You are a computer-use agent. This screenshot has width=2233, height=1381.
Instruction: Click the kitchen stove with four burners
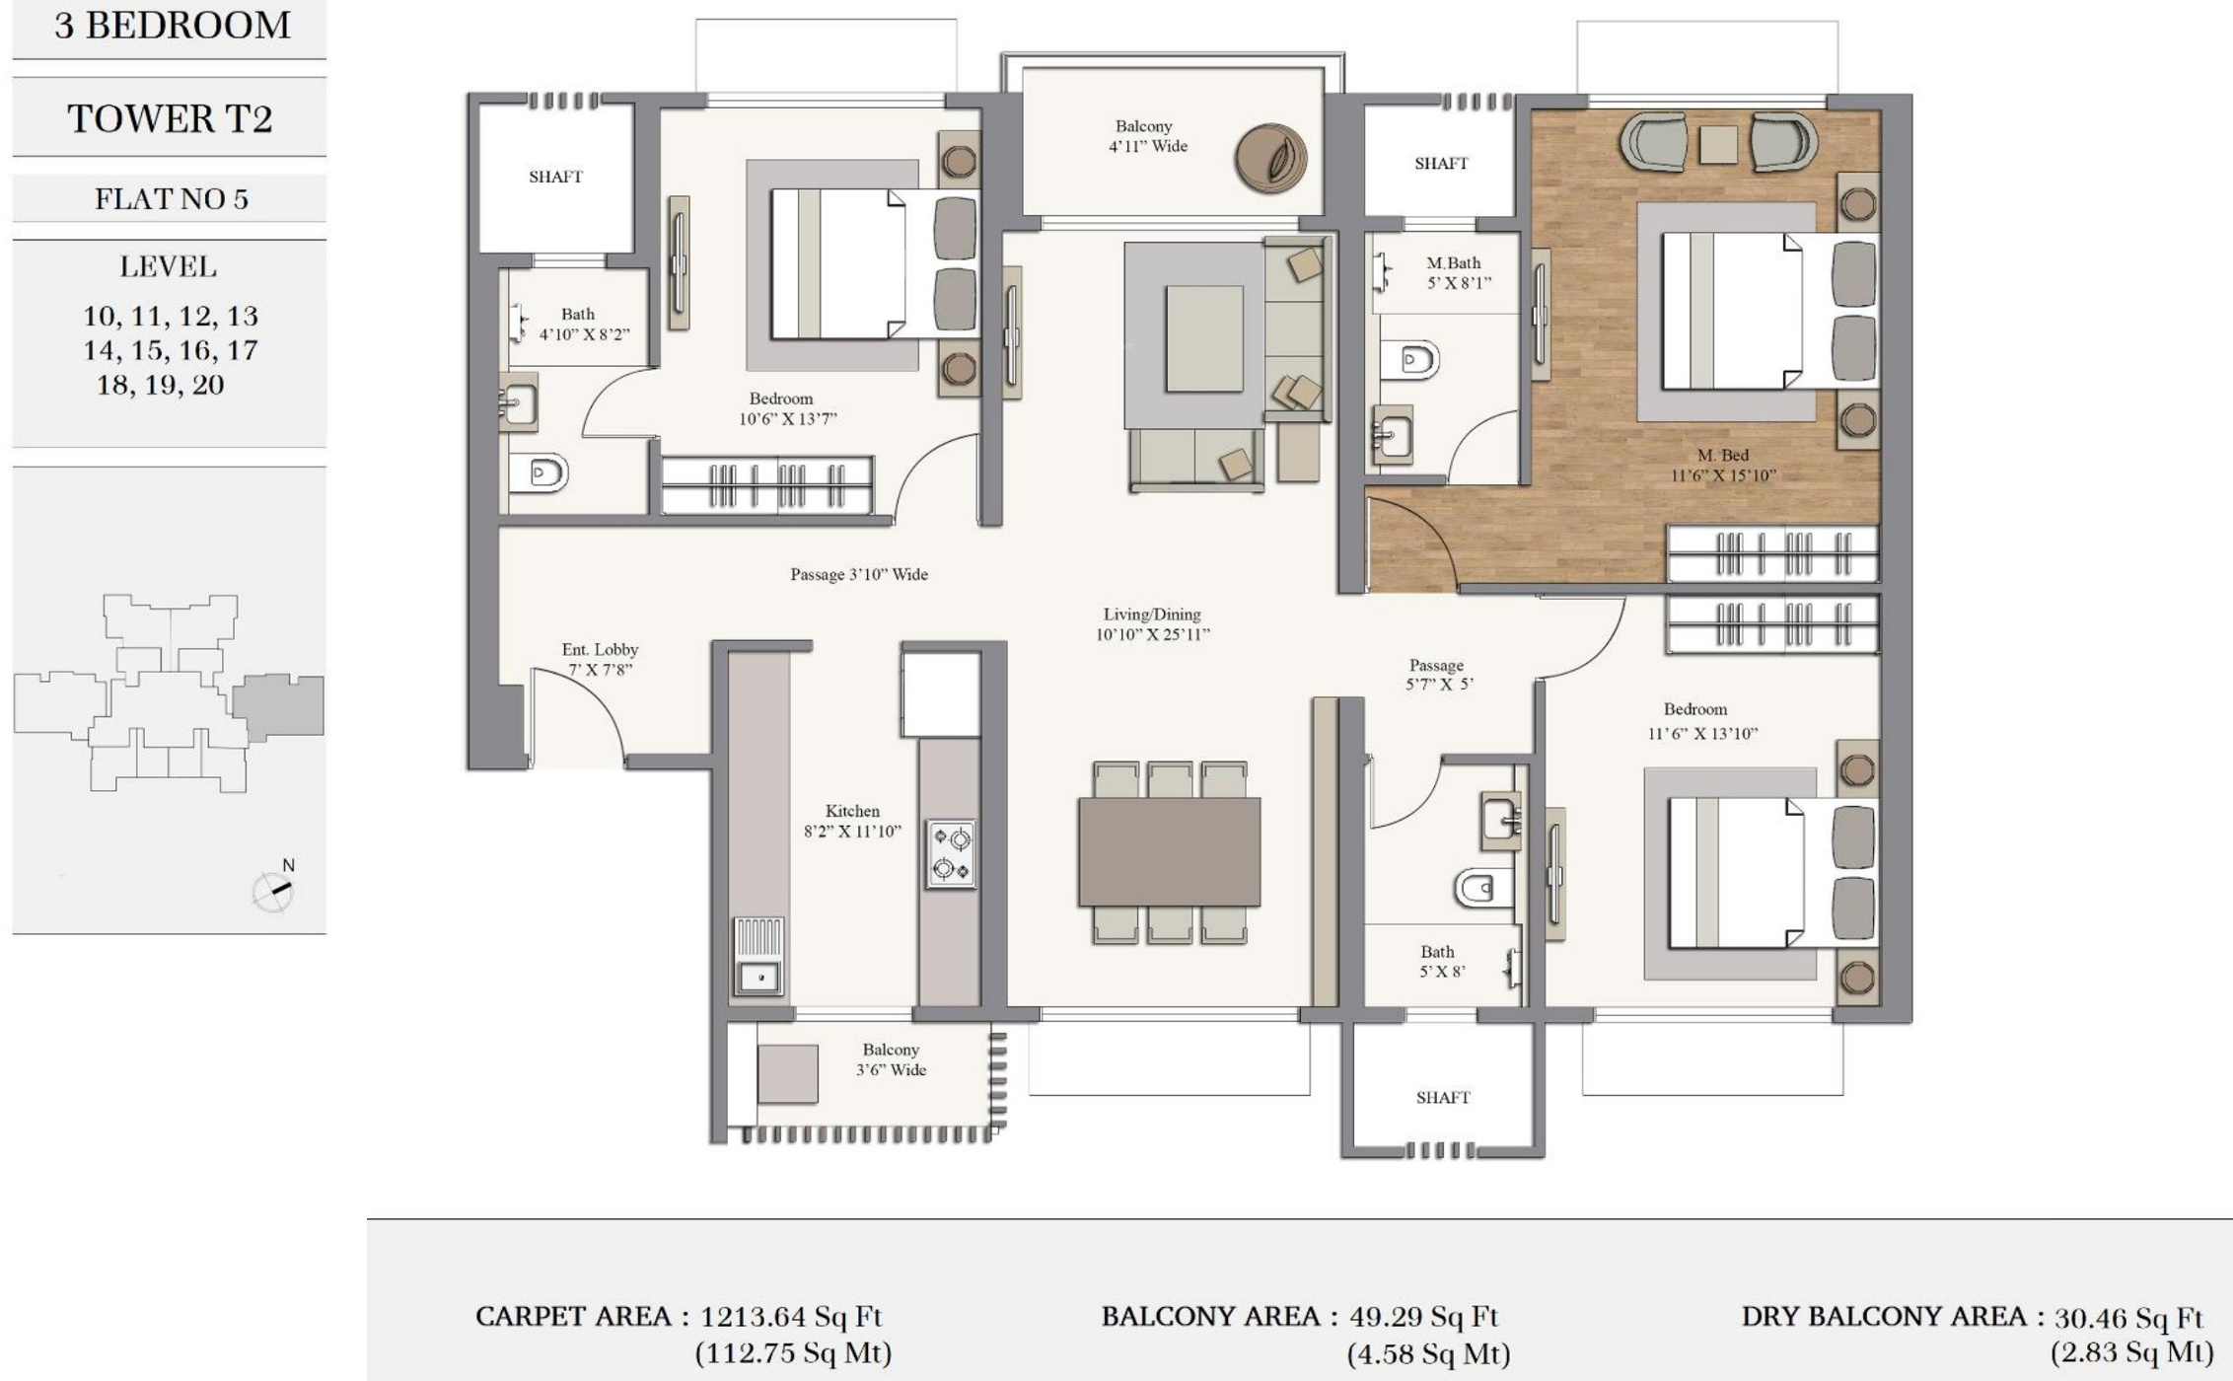951,853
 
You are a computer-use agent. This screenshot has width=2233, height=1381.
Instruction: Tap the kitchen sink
759,956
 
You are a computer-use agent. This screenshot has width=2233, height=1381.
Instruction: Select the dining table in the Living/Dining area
1169,852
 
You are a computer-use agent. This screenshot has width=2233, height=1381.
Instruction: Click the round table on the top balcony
1271,158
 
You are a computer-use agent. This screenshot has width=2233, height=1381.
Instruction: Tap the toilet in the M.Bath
1409,360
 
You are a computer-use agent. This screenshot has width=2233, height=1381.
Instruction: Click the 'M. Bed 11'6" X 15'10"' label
1722,465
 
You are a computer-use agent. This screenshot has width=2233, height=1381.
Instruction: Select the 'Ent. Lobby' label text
600,649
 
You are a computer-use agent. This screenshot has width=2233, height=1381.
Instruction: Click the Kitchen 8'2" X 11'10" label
852,821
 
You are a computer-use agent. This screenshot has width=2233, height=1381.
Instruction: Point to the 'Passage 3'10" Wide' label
859,574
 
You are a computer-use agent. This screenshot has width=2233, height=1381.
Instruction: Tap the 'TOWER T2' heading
170,118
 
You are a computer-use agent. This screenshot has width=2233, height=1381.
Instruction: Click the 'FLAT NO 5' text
172,199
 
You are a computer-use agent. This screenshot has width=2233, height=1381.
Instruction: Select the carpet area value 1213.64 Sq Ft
791,1316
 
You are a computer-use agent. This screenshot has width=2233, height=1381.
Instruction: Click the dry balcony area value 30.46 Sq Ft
2128,1317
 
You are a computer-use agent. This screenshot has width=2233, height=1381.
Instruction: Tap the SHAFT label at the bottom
1443,1097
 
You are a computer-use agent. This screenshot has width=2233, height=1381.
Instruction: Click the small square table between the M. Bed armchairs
1718,144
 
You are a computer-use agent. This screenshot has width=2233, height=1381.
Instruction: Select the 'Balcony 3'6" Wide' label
891,1059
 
